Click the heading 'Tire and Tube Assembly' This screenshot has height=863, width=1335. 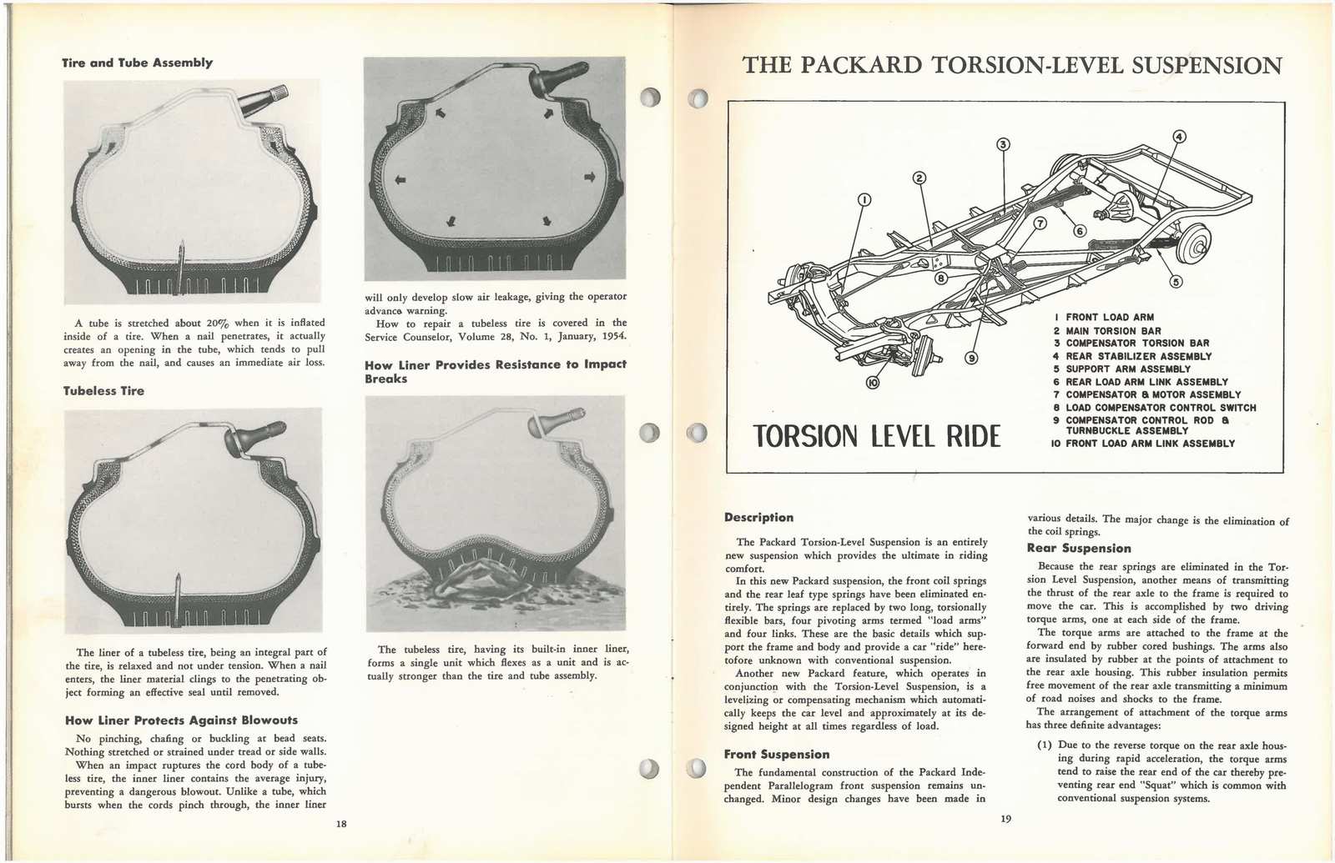tap(138, 63)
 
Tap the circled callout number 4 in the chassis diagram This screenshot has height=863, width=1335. tap(1178, 137)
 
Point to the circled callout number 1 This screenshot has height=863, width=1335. tap(864, 199)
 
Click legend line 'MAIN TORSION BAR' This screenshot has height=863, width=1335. tap(1113, 330)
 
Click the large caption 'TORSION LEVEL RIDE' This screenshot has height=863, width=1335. tap(876, 434)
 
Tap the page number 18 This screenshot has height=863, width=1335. tap(340, 824)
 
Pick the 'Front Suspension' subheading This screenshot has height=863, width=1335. tap(776, 755)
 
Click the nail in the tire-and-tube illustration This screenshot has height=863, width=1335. tap(180, 264)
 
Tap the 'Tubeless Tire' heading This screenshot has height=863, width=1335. tap(103, 391)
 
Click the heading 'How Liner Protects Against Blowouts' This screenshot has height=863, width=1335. tap(180, 720)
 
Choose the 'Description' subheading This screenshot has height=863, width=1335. tap(758, 518)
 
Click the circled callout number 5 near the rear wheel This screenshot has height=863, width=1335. tap(1176, 281)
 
